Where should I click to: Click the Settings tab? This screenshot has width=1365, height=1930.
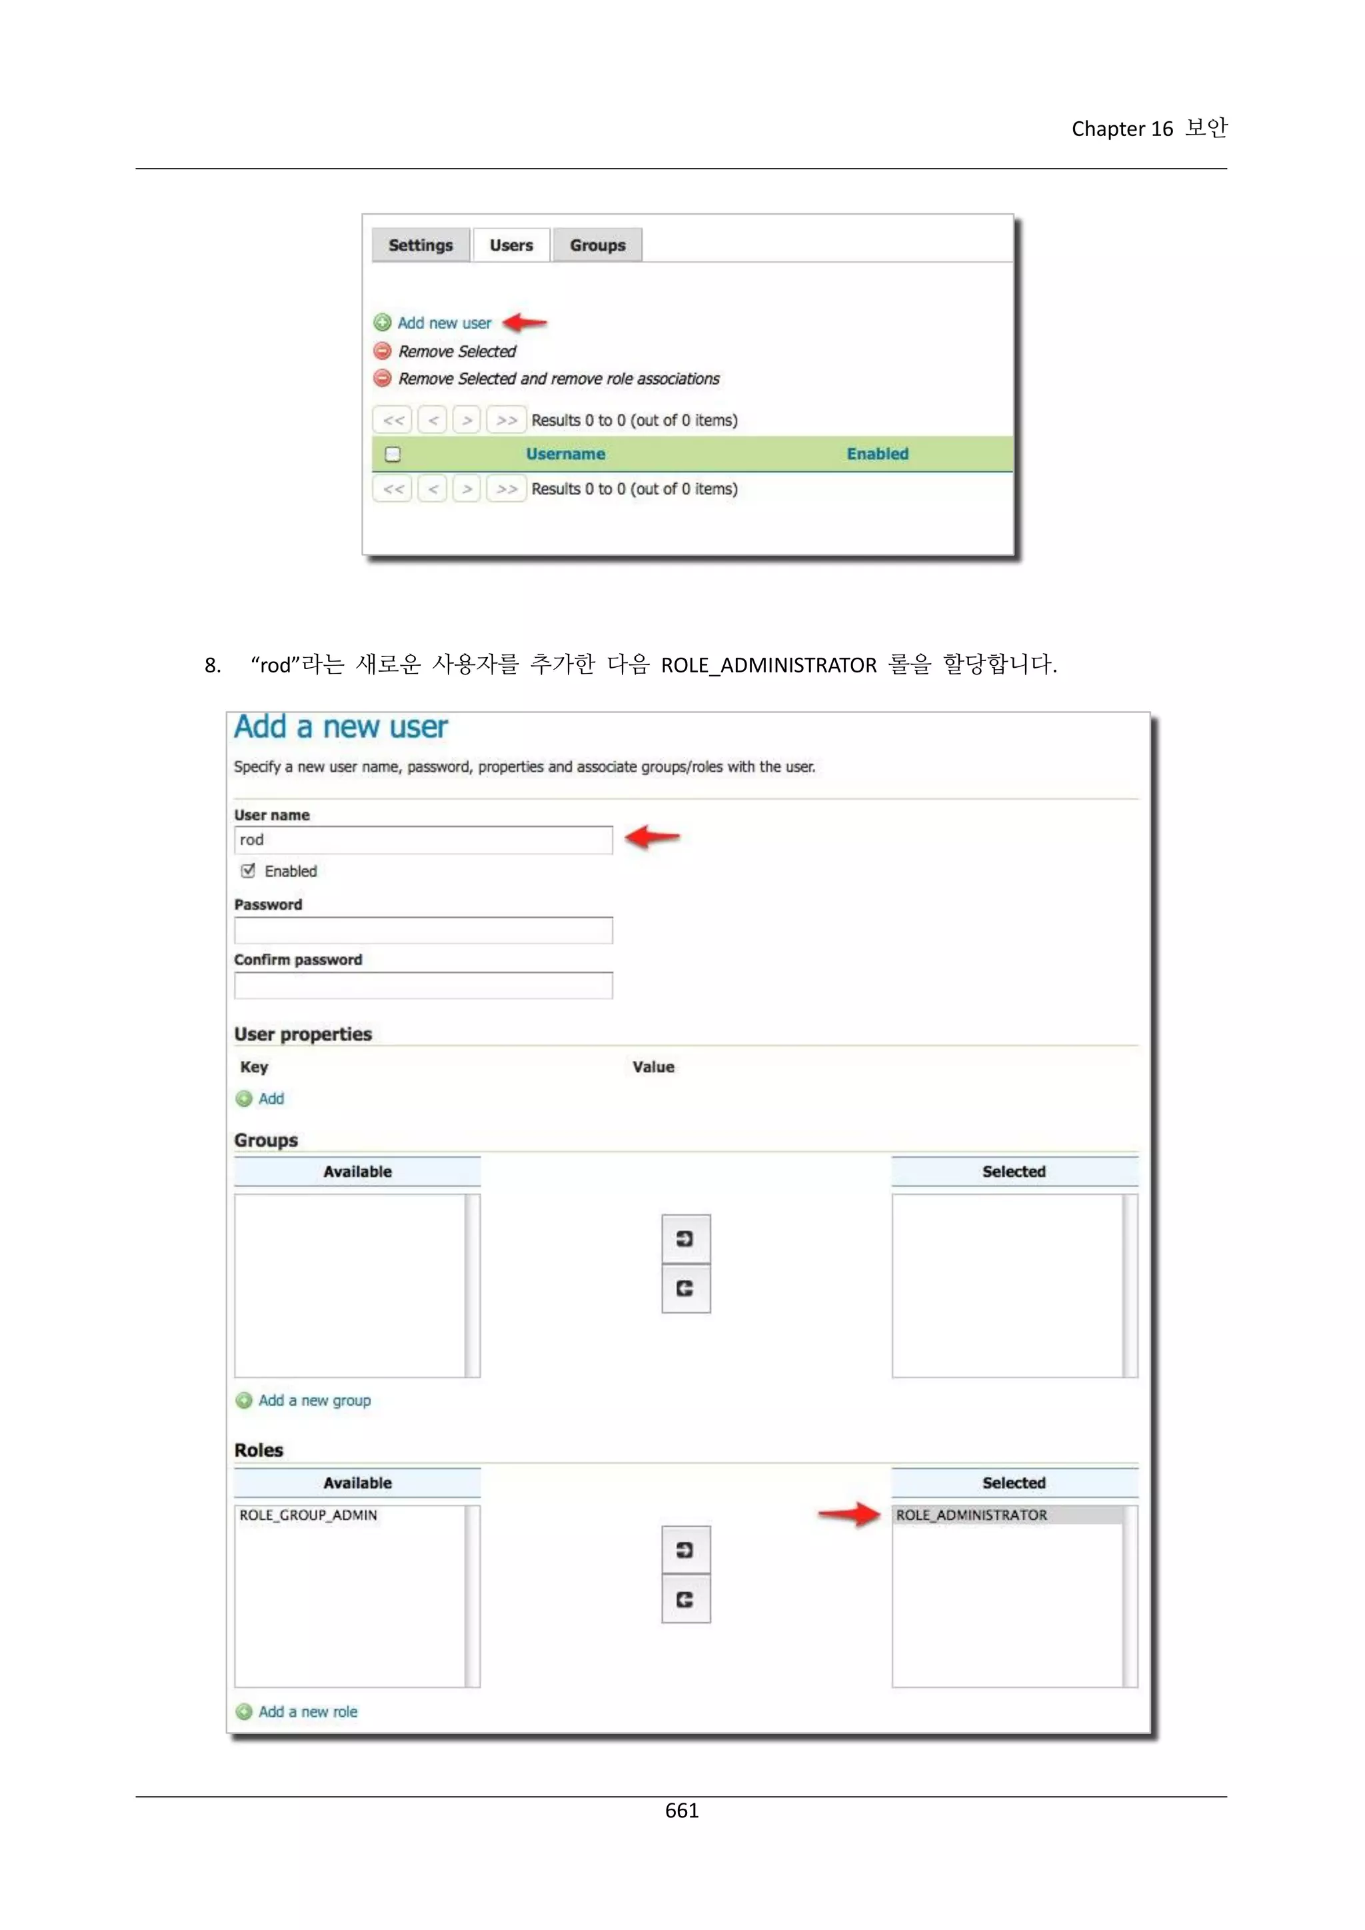click(421, 245)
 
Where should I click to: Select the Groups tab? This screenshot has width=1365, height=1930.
click(598, 245)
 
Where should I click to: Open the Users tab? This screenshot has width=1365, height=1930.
click(511, 245)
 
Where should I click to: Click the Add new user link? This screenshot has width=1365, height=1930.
click(444, 323)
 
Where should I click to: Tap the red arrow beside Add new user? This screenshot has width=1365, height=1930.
click(525, 322)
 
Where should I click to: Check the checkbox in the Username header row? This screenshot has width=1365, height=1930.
click(393, 454)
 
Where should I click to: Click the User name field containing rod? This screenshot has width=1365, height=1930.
click(423, 840)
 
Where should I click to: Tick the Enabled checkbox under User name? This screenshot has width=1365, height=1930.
click(248, 871)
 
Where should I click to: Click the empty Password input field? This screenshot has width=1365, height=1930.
click(423, 930)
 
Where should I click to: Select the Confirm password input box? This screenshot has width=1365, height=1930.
click(423, 985)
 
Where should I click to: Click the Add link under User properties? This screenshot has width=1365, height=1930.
click(271, 1099)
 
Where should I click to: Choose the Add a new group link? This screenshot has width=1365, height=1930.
click(315, 1400)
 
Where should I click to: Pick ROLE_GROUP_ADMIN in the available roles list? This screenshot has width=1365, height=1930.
click(309, 1515)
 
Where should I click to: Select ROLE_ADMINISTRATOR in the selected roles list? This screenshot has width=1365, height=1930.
click(972, 1515)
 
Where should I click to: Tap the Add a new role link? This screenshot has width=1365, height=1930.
click(308, 1711)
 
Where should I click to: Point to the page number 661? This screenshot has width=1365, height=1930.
click(682, 1810)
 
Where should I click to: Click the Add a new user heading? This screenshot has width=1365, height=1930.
click(341, 727)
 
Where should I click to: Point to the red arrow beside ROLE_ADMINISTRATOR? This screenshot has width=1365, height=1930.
click(849, 1514)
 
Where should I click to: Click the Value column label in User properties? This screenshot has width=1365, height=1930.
click(653, 1067)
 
